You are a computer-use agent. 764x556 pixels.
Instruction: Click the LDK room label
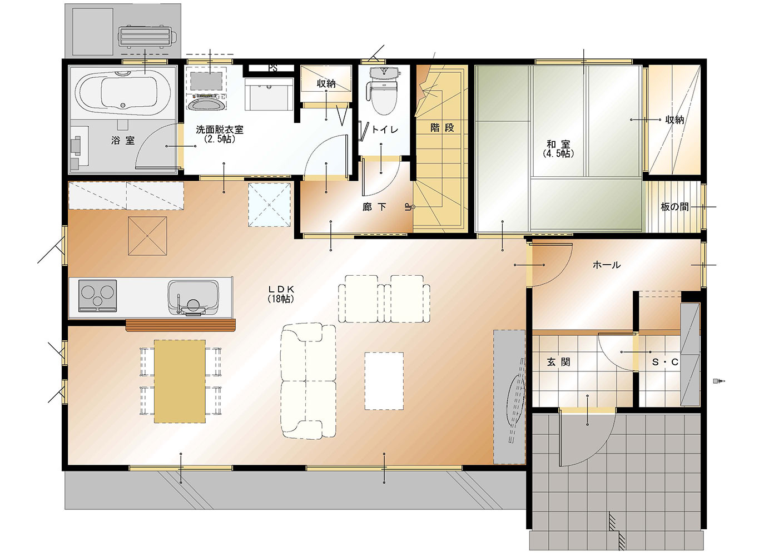pos(281,294)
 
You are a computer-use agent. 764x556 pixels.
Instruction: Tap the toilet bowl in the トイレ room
pos(384,90)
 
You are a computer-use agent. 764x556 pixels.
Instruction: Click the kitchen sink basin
pos(193,298)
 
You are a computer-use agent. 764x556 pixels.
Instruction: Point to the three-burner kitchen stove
pos(97,296)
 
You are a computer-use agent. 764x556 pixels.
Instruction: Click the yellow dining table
pos(180,381)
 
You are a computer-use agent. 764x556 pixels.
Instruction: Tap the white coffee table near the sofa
pos(384,381)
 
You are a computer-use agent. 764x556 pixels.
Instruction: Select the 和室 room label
pos(558,148)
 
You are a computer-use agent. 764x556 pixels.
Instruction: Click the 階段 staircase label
pos(443,128)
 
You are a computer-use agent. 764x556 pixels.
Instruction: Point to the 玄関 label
pos(558,362)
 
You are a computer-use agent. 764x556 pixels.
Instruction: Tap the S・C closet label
pos(665,362)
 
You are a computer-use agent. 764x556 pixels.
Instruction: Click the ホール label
pos(607,265)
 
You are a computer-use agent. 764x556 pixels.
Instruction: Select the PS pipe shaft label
pos(272,68)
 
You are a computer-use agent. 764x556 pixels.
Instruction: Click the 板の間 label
pos(674,207)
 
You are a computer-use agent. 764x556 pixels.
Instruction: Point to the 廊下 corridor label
pos(375,207)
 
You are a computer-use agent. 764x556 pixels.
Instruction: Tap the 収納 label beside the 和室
pos(674,120)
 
